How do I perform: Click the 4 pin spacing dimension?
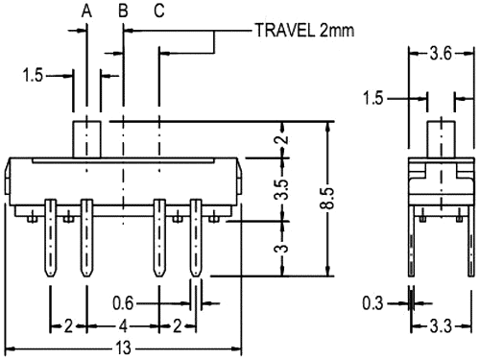pos(122,325)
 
